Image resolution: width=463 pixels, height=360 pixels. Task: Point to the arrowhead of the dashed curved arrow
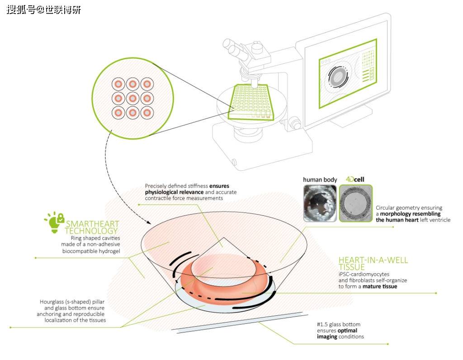pyautogui.click(x=149, y=221)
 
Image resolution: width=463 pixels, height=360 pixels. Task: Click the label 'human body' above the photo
pyautogui.click(x=320, y=179)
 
